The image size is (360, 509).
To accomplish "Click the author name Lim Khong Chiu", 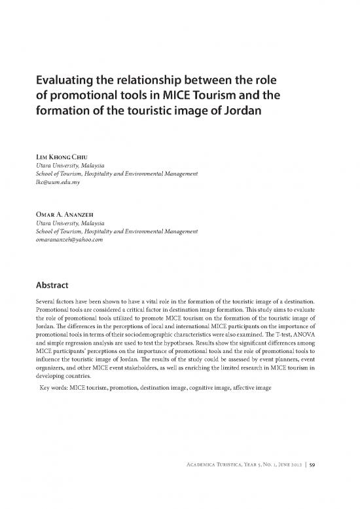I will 64,158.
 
